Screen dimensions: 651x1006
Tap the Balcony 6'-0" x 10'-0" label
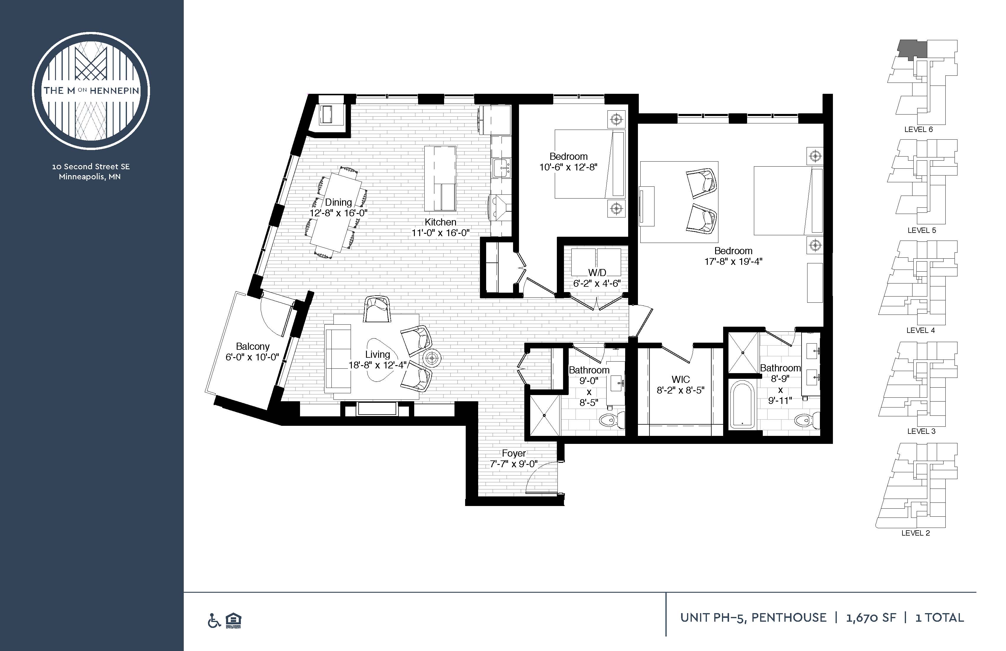tap(252, 352)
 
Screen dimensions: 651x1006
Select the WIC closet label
tap(681, 380)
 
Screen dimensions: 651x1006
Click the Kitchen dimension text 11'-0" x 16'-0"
tap(441, 233)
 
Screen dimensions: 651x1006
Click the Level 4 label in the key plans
tap(920, 331)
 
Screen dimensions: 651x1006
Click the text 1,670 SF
tap(871, 618)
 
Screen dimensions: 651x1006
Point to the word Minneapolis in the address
tap(82, 177)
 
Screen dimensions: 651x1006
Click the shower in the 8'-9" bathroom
tap(743, 352)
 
